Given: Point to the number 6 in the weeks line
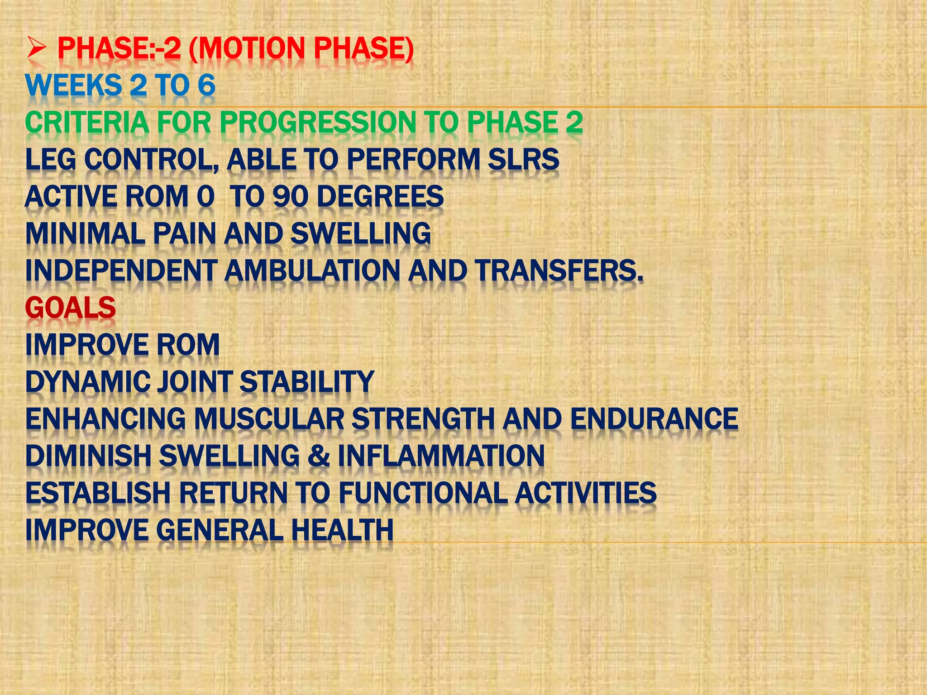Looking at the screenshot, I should pyautogui.click(x=206, y=86).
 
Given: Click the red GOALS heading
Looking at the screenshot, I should pyautogui.click(x=71, y=308).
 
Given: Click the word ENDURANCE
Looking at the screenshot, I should pyautogui.click(x=654, y=419).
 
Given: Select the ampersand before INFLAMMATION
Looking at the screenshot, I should pyautogui.click(x=318, y=456).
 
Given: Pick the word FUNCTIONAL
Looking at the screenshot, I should pyautogui.click(x=423, y=493).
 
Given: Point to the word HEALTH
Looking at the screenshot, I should pyautogui.click(x=342, y=530).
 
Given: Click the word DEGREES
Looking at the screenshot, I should pyautogui.click(x=380, y=197).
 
